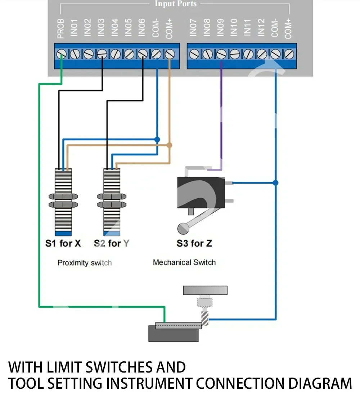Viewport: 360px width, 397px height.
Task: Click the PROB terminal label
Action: tap(60, 29)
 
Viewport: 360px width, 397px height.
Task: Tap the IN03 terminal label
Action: tap(101, 27)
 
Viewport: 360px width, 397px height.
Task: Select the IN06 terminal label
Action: tap(142, 27)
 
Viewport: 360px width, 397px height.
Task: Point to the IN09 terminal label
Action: tap(221, 27)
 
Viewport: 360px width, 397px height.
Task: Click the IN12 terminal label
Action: tap(261, 27)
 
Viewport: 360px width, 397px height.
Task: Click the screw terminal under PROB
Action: tap(61, 54)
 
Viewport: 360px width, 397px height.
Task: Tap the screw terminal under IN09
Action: tap(221, 54)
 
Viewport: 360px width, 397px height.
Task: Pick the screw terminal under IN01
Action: tap(74, 54)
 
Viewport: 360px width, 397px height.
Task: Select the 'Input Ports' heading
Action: tap(175, 4)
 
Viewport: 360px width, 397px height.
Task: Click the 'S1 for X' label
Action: tap(63, 244)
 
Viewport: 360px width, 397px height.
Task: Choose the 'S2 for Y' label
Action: tap(111, 244)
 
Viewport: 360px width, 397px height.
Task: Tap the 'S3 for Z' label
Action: tap(194, 244)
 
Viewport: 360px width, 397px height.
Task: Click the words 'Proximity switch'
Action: tap(85, 263)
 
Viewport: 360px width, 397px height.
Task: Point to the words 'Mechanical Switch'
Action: tap(184, 262)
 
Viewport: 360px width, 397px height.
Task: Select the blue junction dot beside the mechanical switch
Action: tap(275, 183)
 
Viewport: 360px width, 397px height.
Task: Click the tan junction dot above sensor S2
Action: tap(169, 145)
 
